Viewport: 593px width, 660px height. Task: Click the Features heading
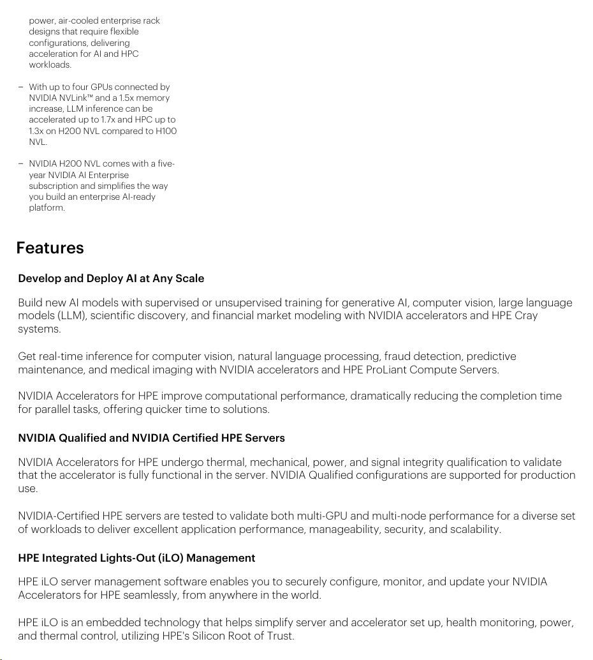pyautogui.click(x=50, y=248)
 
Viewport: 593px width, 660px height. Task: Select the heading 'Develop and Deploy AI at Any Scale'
pyautogui.click(x=111, y=278)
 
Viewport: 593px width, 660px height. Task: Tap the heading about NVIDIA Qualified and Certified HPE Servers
pyautogui.click(x=151, y=438)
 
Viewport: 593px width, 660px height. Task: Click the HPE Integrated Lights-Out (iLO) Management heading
pyautogui.click(x=136, y=558)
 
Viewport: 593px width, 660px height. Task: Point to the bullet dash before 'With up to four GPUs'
pyautogui.click(x=20, y=87)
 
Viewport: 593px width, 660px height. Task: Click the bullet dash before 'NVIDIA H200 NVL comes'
pyautogui.click(x=20, y=163)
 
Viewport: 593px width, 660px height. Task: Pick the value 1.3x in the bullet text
pyautogui.click(x=36, y=131)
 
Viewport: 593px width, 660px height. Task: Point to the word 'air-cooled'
pyautogui.click(x=78, y=20)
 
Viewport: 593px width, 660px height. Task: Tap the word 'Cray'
pyautogui.click(x=525, y=315)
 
